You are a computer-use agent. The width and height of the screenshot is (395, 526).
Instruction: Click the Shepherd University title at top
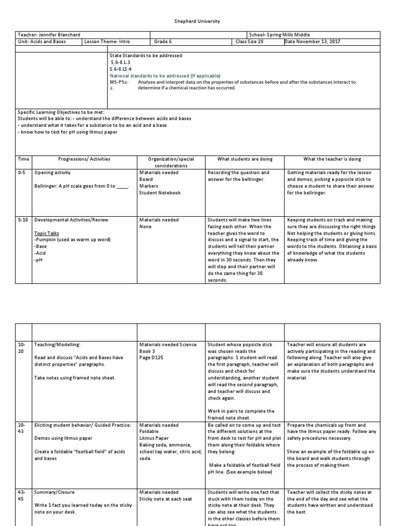(197, 22)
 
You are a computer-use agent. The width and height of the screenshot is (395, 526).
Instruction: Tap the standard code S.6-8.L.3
(118, 62)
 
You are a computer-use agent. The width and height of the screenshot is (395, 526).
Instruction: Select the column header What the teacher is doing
(332, 159)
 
